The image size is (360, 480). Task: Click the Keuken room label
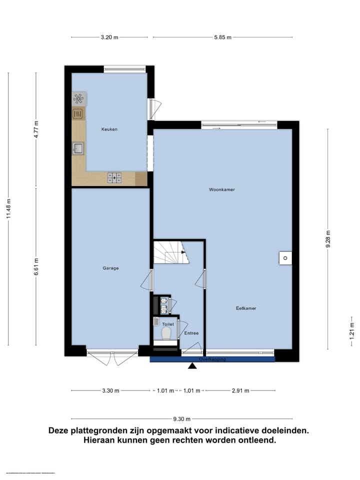click(x=109, y=129)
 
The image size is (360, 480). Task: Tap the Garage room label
click(x=110, y=268)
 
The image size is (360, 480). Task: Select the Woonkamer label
click(x=222, y=190)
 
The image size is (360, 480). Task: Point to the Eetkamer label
click(x=246, y=308)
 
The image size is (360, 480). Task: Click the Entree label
click(x=191, y=333)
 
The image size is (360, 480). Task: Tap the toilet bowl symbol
click(x=166, y=332)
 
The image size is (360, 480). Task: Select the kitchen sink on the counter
click(x=78, y=148)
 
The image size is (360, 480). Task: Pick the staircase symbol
click(x=170, y=252)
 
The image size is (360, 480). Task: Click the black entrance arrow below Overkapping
click(x=192, y=367)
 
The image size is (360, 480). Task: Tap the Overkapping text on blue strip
click(x=212, y=359)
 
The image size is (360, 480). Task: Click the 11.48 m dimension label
click(x=8, y=209)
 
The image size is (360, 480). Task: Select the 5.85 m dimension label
click(x=222, y=37)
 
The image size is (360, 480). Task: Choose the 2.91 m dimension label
click(x=240, y=390)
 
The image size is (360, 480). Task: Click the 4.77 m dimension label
click(x=36, y=130)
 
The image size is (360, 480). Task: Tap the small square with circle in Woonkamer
click(x=284, y=258)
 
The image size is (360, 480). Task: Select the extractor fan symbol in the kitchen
click(x=79, y=98)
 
